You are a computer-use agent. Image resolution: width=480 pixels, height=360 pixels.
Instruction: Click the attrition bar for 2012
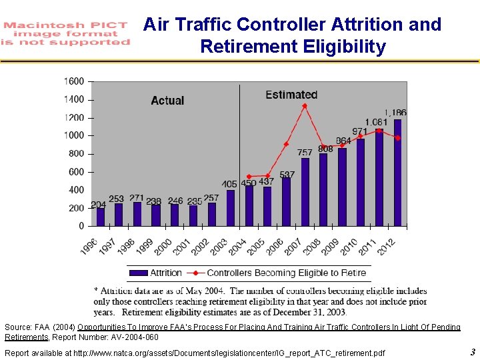coord(398,173)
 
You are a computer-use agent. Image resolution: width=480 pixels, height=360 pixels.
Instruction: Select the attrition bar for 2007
coord(305,193)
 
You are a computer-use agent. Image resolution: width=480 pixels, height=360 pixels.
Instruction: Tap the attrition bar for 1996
coord(101,217)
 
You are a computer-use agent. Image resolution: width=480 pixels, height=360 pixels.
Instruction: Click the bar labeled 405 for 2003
coord(231,209)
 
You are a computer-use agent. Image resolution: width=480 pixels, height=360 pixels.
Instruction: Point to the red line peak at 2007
coord(305,106)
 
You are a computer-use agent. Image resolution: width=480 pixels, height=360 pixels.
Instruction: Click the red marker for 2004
coord(249,177)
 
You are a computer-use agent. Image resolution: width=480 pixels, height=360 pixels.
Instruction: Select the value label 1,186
coord(395,113)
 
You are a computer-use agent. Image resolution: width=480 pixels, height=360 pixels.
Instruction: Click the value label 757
coord(305,153)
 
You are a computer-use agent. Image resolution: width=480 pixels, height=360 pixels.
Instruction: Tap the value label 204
coord(98,204)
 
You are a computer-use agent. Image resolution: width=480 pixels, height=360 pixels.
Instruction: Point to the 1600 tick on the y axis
coord(74,81)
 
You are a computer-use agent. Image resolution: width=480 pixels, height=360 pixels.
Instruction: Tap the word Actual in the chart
coord(167,101)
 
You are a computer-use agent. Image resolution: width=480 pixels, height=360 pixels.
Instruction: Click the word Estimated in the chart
coord(291,95)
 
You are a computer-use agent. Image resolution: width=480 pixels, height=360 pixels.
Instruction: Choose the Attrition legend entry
coord(156,273)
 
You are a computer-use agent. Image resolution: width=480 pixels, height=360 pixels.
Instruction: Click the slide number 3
coord(472,352)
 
